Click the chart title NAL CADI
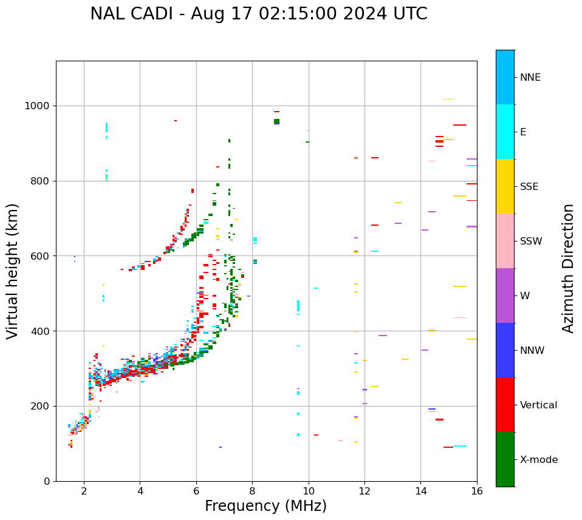258,14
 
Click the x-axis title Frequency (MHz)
265,506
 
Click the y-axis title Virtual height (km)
13,271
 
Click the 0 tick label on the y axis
47,481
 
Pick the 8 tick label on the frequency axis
252,491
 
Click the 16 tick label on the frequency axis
477,491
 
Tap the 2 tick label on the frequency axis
84,491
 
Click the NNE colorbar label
530,78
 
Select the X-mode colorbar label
538,460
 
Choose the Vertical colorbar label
538,405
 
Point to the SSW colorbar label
531,241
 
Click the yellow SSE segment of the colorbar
505,186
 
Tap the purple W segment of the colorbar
505,295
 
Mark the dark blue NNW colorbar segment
505,350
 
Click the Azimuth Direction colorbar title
568,268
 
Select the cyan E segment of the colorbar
505,132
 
